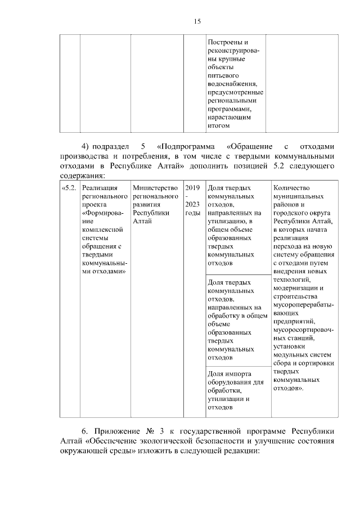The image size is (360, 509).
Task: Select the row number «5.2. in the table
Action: tap(69, 188)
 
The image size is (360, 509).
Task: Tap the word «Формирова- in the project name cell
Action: tap(102, 213)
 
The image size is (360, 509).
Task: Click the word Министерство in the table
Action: tap(155, 188)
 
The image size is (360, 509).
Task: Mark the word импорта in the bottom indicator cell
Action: tap(238, 374)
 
